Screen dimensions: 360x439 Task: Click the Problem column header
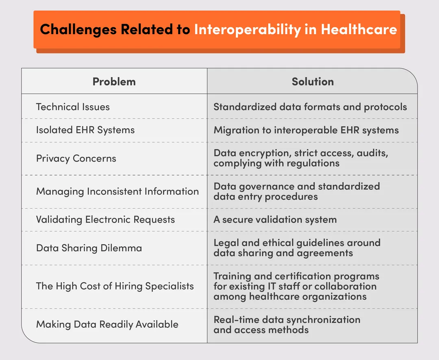114,81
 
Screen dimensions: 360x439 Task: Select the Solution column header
312,81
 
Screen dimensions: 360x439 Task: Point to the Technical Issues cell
73,107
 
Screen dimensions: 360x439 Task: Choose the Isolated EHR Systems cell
85,130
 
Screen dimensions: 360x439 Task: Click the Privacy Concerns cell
76,158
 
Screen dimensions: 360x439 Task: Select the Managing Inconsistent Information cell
117,192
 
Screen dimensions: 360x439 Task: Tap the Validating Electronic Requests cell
105,220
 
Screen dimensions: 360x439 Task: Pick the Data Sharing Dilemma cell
89,248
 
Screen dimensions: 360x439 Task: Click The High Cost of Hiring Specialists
115,286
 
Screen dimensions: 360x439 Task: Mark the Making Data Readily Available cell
107,324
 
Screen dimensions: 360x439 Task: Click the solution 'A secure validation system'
275,220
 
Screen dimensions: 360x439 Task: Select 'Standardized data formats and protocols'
310,107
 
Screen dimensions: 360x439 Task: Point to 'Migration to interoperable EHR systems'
306,130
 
